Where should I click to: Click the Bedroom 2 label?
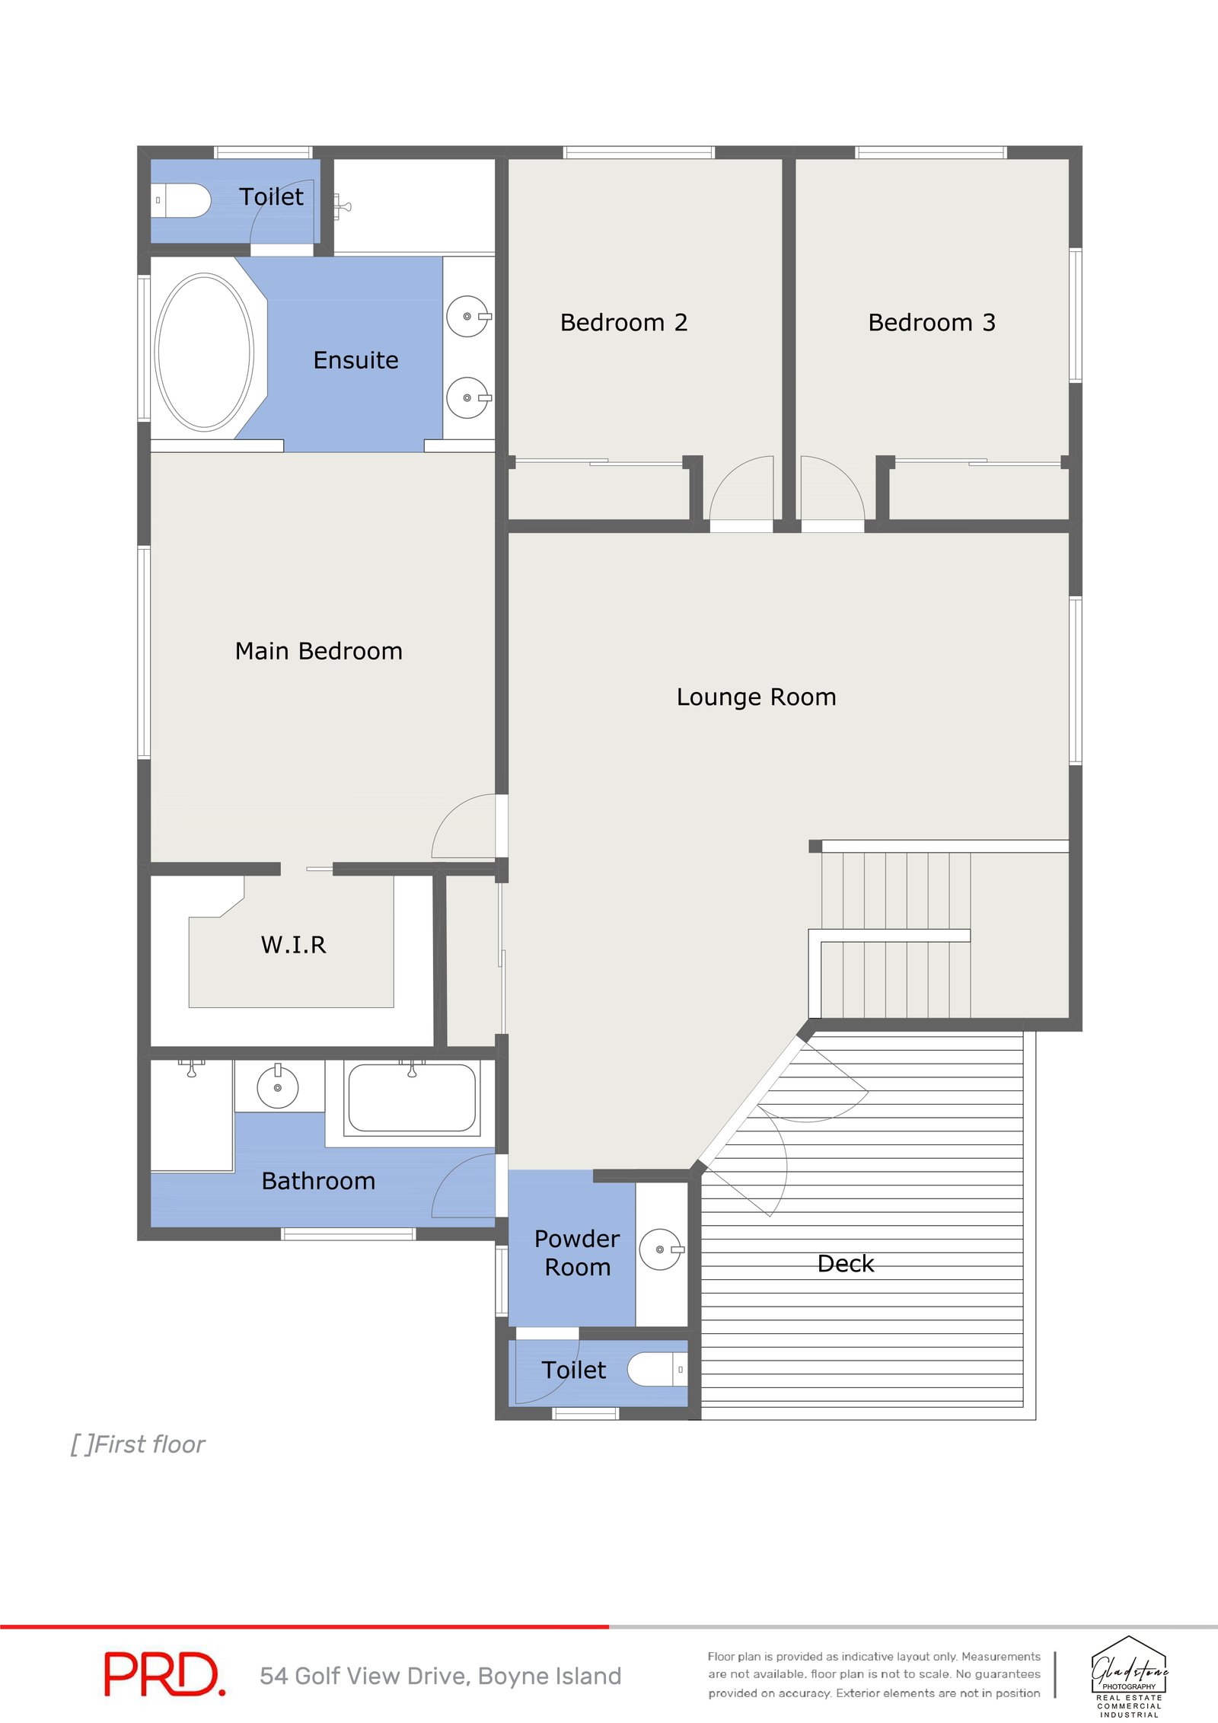coord(623,323)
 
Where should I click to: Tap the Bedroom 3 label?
coord(931,323)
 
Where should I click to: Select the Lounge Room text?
coord(756,697)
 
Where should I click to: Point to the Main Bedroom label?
coord(318,651)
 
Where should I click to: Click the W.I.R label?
coord(293,945)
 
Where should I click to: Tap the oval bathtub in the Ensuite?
coord(204,353)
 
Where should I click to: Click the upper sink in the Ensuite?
coord(467,316)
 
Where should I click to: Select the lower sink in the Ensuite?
coord(467,397)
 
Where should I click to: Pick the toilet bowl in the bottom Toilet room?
coord(653,1369)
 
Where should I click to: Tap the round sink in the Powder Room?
coord(659,1249)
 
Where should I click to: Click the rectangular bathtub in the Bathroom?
coord(412,1098)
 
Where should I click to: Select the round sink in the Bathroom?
coord(277,1087)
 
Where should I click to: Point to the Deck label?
coord(845,1264)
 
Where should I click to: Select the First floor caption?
coord(139,1444)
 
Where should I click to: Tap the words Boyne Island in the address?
coord(550,1676)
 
